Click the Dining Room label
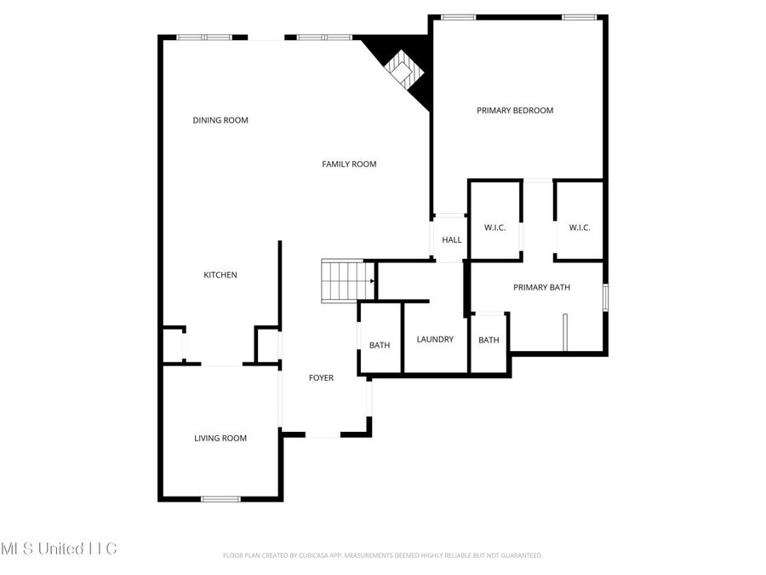coord(220,120)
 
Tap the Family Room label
coord(349,164)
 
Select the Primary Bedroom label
coord(515,110)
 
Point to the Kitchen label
coord(220,274)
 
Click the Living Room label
coord(220,438)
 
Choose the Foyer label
coord(321,377)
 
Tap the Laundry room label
coord(435,339)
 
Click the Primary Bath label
coord(541,287)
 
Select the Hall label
coord(452,239)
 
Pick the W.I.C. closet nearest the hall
coord(495,227)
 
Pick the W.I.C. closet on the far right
coord(580,227)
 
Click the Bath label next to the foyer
coord(380,345)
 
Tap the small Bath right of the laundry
coord(489,340)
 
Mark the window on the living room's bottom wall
coord(220,498)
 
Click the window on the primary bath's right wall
coord(606,297)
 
